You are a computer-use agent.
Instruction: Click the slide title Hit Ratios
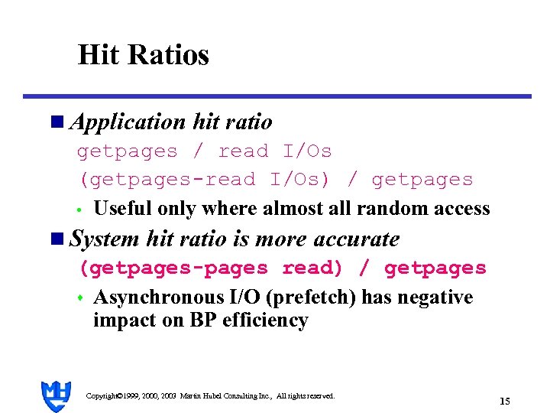point(143,55)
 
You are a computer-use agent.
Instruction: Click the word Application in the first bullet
point(127,122)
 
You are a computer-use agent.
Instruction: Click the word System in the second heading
point(105,239)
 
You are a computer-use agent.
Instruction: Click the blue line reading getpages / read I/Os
point(204,151)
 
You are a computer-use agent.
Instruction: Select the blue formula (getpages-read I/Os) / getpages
point(277,180)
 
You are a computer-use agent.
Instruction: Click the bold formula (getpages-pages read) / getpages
point(283,268)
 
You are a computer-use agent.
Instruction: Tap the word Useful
point(121,209)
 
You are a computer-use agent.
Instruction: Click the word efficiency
point(265,320)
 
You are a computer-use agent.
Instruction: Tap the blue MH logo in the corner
point(57,395)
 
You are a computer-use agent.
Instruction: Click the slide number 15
point(504,401)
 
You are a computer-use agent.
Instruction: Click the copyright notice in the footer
point(210,396)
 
